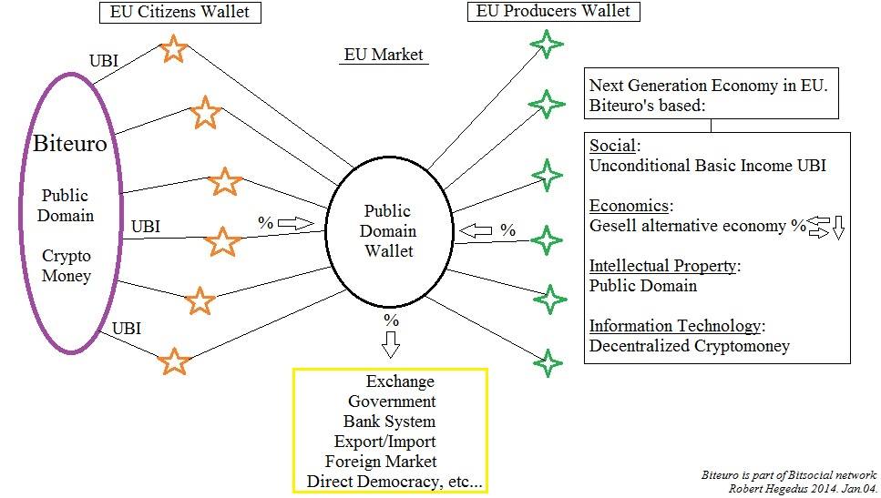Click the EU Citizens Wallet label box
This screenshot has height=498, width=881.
179,12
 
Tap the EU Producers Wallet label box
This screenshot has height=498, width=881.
553,11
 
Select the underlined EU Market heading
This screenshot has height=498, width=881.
384,55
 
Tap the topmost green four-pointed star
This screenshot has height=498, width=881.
547,44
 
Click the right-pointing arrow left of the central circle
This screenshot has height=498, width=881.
295,222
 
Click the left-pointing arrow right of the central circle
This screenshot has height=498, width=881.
476,230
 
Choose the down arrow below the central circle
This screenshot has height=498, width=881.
391,345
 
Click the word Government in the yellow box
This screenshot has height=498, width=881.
392,401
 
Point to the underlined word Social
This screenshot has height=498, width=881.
613,147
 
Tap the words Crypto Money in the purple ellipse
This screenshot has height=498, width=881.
67,266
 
